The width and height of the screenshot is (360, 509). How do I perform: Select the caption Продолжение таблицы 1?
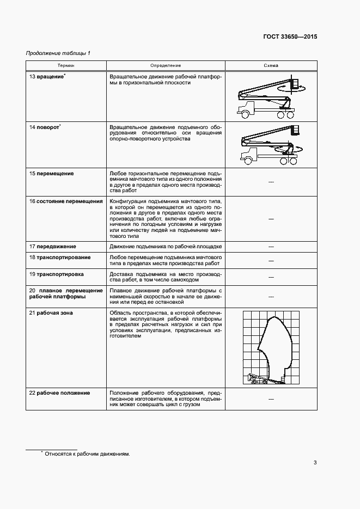[x=58, y=53]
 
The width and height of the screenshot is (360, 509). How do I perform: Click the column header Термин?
[x=66, y=65]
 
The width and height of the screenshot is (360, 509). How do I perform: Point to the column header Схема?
[x=271, y=65]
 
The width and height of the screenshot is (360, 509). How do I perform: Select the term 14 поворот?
[x=45, y=127]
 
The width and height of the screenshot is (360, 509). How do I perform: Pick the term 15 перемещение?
[x=51, y=174]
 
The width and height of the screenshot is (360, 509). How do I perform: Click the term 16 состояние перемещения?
[x=66, y=201]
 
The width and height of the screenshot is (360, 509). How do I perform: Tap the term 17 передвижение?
[x=52, y=247]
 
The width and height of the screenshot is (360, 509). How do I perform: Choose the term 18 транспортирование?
[x=60, y=257]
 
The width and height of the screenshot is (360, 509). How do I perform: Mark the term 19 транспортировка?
[x=57, y=274]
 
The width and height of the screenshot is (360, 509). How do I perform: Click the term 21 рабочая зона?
[x=51, y=313]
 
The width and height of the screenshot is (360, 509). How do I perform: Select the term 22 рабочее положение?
[x=59, y=393]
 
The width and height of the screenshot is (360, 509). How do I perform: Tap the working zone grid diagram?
[x=271, y=347]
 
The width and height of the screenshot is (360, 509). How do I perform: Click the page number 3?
[x=315, y=463]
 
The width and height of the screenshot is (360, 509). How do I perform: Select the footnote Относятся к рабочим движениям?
[x=87, y=453]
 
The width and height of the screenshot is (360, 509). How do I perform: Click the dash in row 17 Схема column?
[x=271, y=247]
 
